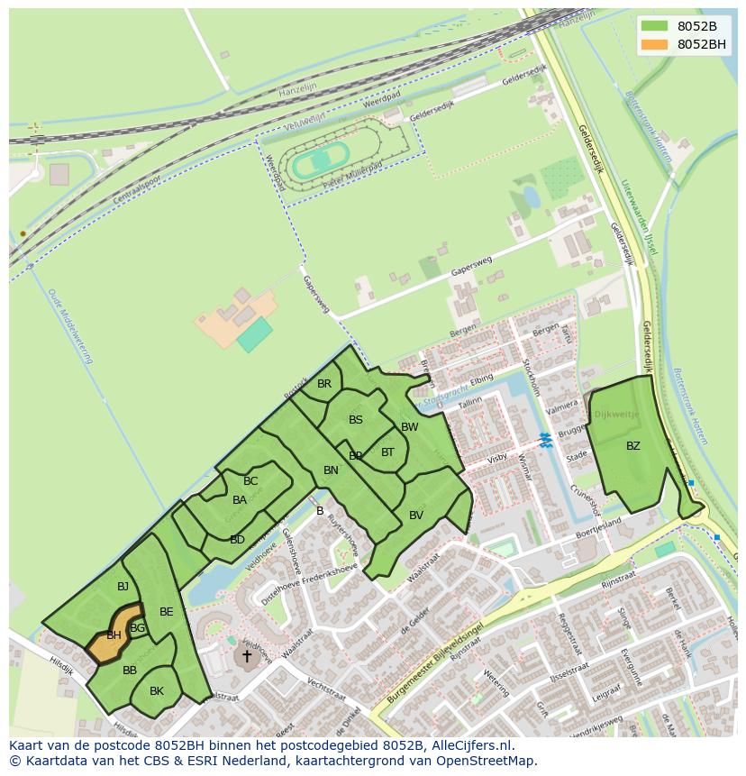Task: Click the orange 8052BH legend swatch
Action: point(655,44)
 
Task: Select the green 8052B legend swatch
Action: point(655,26)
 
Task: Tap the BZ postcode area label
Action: point(633,445)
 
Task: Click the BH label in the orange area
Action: point(114,635)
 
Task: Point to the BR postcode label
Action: point(324,383)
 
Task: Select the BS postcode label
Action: point(356,420)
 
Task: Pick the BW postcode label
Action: point(410,426)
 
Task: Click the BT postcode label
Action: point(387,452)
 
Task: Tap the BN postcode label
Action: point(331,470)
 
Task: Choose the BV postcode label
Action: point(416,516)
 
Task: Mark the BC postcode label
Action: point(250,481)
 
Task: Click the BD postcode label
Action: point(237,540)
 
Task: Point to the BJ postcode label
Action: point(123,587)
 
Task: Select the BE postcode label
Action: point(167,612)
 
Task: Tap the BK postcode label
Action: point(157,691)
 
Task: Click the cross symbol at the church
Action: point(246,656)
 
